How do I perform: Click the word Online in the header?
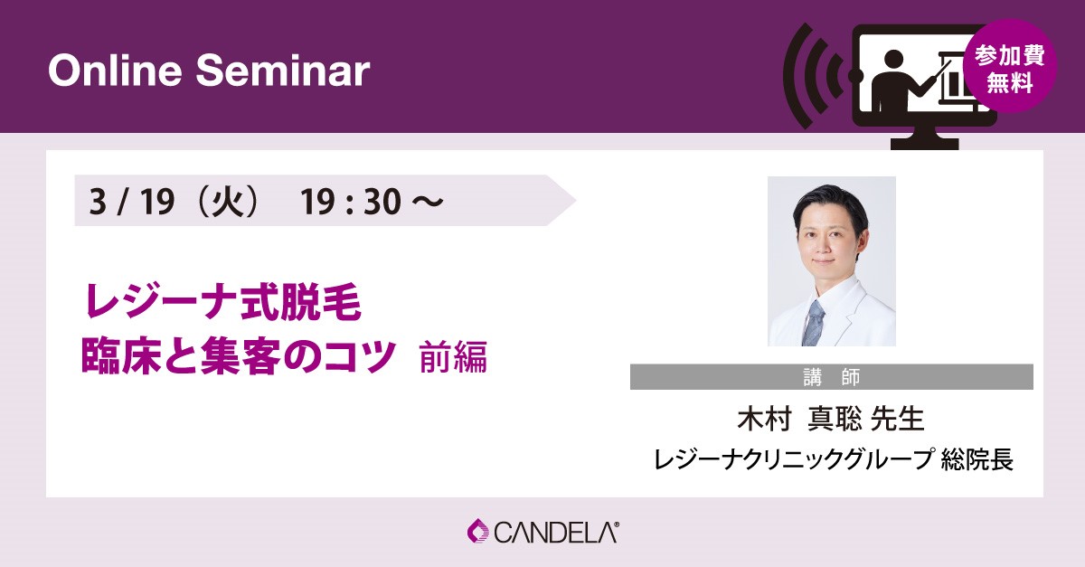pyautogui.click(x=116, y=71)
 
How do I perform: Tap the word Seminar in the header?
pyautogui.click(x=283, y=71)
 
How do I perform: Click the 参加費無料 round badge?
pyautogui.click(x=1010, y=66)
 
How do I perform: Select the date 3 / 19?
pyautogui.click(x=132, y=201)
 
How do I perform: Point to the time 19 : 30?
pyautogui.click(x=350, y=201)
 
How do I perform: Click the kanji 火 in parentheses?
pyautogui.click(x=228, y=201)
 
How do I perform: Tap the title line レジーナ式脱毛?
pyautogui.click(x=222, y=301)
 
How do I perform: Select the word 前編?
pyautogui.click(x=453, y=357)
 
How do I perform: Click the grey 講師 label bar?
pyautogui.click(x=832, y=376)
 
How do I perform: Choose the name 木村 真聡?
pyautogui.click(x=799, y=419)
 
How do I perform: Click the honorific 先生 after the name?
pyautogui.click(x=898, y=419)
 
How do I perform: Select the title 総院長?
pyautogui.click(x=977, y=458)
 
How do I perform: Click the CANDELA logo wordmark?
pyautogui.click(x=556, y=533)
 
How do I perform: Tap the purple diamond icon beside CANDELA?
pyautogui.click(x=478, y=532)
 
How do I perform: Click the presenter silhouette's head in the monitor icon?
pyautogui.click(x=893, y=62)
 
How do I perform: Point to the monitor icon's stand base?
pyautogui.click(x=925, y=144)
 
